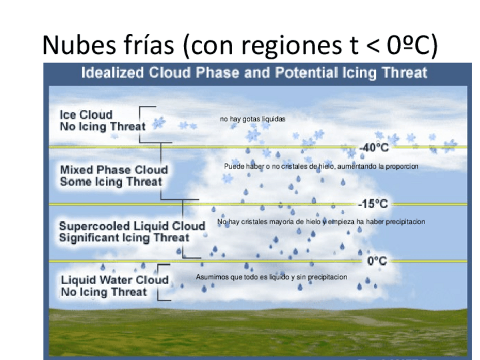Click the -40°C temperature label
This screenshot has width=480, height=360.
[374, 148]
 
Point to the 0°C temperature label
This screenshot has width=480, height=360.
[377, 261]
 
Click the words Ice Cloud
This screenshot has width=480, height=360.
[86, 115]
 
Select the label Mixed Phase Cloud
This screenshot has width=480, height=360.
[114, 170]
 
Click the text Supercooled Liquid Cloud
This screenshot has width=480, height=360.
[132, 226]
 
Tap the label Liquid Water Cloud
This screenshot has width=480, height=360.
[115, 280]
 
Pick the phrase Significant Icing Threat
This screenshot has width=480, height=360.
[124, 238]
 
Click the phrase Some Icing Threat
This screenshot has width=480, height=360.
[111, 182]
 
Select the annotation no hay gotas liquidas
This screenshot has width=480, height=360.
[252, 119]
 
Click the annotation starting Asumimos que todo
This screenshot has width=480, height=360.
[271, 277]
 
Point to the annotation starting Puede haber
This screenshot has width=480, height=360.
[321, 166]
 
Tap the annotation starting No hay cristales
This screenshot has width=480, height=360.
[321, 222]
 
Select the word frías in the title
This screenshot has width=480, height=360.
[147, 46]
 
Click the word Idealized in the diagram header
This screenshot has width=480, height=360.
[113, 73]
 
